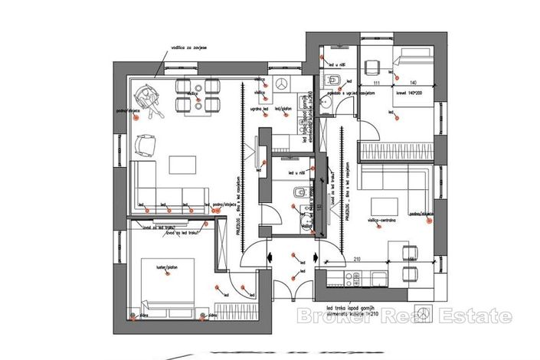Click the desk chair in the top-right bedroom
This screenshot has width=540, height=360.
coord(373,65)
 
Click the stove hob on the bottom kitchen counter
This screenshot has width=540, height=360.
coord(378,277)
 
